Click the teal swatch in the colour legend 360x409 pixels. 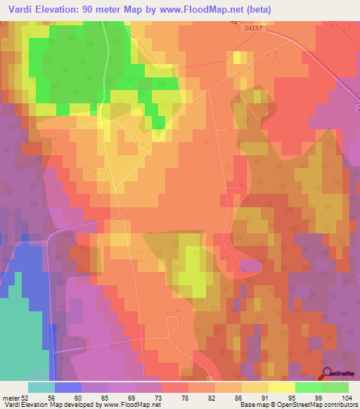pos(41,387)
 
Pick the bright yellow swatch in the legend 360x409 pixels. pos(282,387)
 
